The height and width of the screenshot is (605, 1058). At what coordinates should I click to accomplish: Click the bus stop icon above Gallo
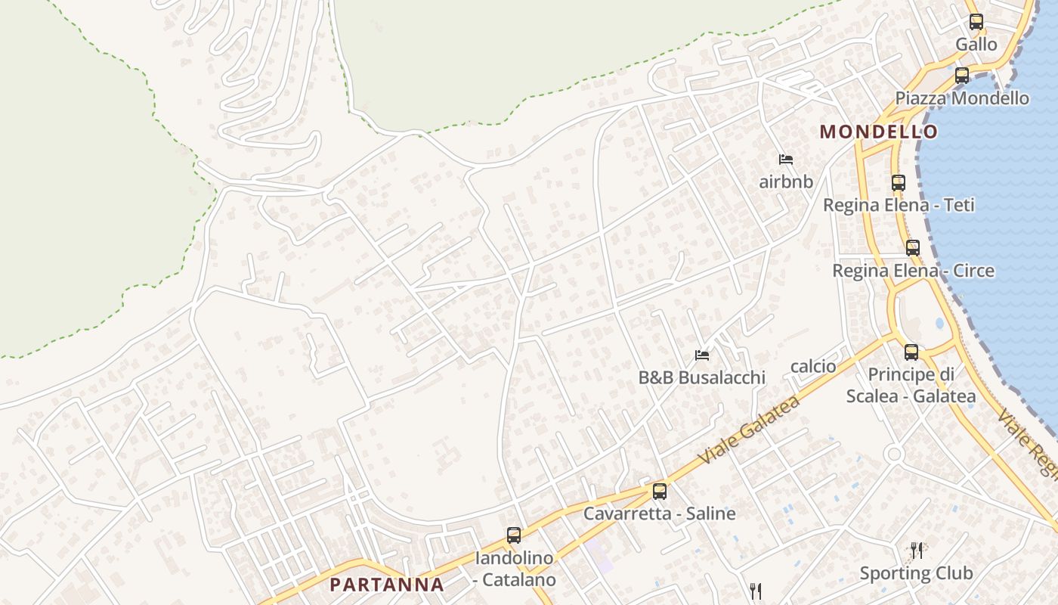point(976,22)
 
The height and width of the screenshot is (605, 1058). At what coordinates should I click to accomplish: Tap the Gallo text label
point(976,45)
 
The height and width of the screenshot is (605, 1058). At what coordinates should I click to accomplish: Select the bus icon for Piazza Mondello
point(962,76)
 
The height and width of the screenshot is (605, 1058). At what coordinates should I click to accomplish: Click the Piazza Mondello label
point(962,98)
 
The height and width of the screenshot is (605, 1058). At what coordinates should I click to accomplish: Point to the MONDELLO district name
point(879,132)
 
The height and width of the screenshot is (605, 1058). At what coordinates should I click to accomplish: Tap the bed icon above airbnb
point(786,160)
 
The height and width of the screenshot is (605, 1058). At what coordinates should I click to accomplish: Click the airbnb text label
point(786,182)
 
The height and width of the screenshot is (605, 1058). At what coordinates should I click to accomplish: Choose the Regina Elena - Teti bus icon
point(898,182)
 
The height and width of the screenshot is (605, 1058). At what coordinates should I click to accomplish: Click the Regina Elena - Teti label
point(899,205)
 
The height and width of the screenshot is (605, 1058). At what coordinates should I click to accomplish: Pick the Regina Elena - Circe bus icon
point(913,247)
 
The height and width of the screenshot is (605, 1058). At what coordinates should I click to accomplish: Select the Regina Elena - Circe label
point(914,271)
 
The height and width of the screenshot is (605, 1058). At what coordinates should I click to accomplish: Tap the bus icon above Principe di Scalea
point(911,352)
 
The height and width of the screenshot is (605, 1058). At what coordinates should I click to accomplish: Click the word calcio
point(813,367)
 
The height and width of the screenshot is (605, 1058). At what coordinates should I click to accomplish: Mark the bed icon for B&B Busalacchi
point(702,355)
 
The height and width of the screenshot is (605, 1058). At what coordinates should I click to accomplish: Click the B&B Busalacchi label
point(702,377)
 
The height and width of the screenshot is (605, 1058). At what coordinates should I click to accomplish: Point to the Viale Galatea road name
point(749,430)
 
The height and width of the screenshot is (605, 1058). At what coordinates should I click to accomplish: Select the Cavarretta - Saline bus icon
point(660,492)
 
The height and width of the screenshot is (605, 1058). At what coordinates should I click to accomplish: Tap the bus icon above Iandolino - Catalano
point(514,535)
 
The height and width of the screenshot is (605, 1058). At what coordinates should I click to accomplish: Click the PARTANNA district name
point(387,585)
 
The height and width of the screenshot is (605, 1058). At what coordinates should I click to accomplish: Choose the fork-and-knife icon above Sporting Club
point(917,550)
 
